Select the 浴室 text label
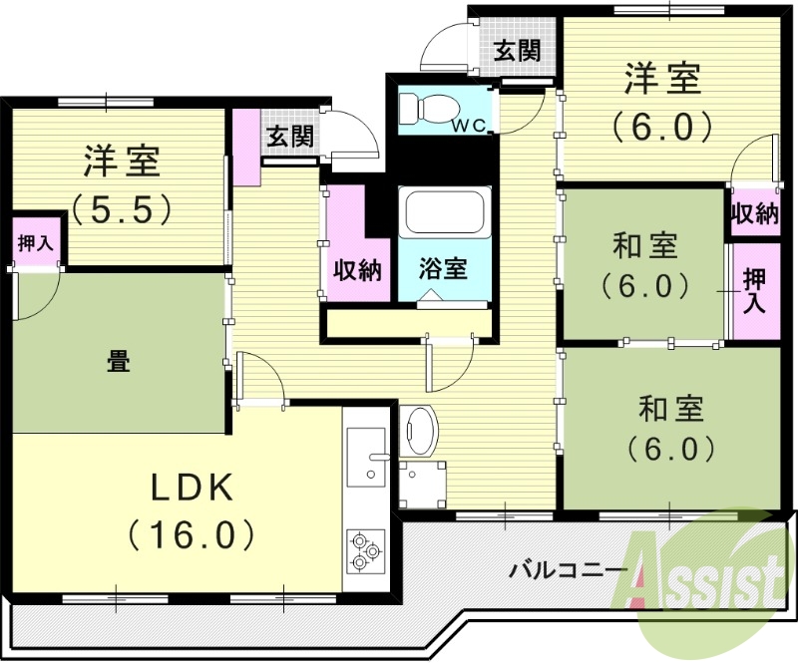[x=443, y=268]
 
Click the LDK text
[x=192, y=488]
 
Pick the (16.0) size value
[x=192, y=535]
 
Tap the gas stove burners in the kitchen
[x=365, y=551]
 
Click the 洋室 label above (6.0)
[x=663, y=78]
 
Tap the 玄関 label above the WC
[x=518, y=49]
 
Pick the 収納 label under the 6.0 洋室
[x=754, y=213]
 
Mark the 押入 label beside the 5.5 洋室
[x=36, y=243]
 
